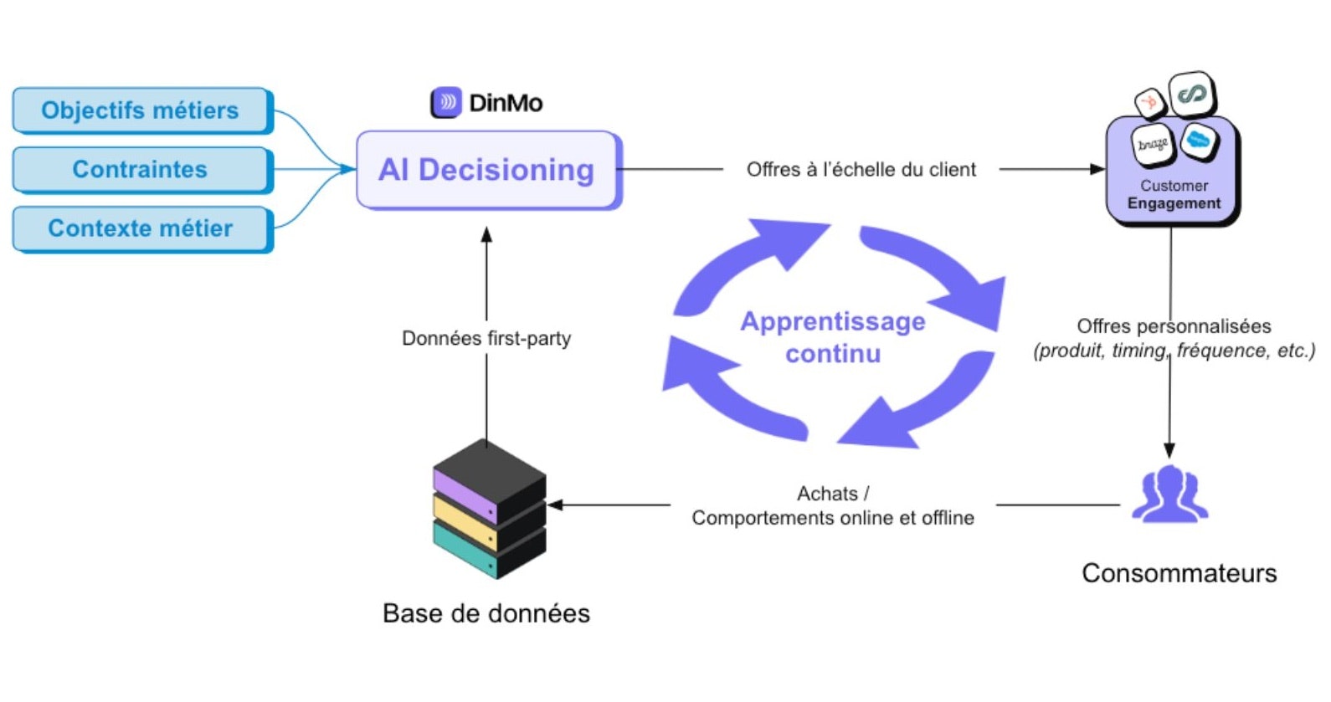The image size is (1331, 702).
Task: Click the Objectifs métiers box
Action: pyautogui.click(x=141, y=110)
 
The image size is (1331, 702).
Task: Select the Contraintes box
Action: pyautogui.click(x=141, y=170)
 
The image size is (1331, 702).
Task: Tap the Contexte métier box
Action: pyautogui.click(x=141, y=228)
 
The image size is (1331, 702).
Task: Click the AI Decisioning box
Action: pyautogui.click(x=486, y=170)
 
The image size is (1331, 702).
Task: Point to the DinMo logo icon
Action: pyautogui.click(x=446, y=103)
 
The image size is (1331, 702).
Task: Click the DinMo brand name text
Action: pyautogui.click(x=506, y=103)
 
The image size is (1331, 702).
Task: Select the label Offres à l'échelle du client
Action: pyautogui.click(x=861, y=170)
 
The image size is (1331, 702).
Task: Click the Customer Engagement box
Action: pyautogui.click(x=1173, y=194)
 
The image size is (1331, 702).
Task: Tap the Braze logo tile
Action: pyautogui.click(x=1153, y=145)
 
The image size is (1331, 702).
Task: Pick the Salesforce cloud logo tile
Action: pyautogui.click(x=1199, y=140)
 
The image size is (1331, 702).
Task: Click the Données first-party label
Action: pyautogui.click(x=486, y=339)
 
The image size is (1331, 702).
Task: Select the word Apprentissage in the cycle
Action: pyautogui.click(x=833, y=321)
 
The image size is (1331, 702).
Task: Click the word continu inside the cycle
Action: pyautogui.click(x=833, y=354)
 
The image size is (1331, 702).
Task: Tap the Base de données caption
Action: pyautogui.click(x=486, y=613)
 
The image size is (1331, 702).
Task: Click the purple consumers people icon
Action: pyautogui.click(x=1169, y=495)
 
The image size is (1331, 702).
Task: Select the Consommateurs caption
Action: pyautogui.click(x=1179, y=573)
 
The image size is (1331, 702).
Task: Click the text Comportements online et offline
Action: pyautogui.click(x=833, y=518)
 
